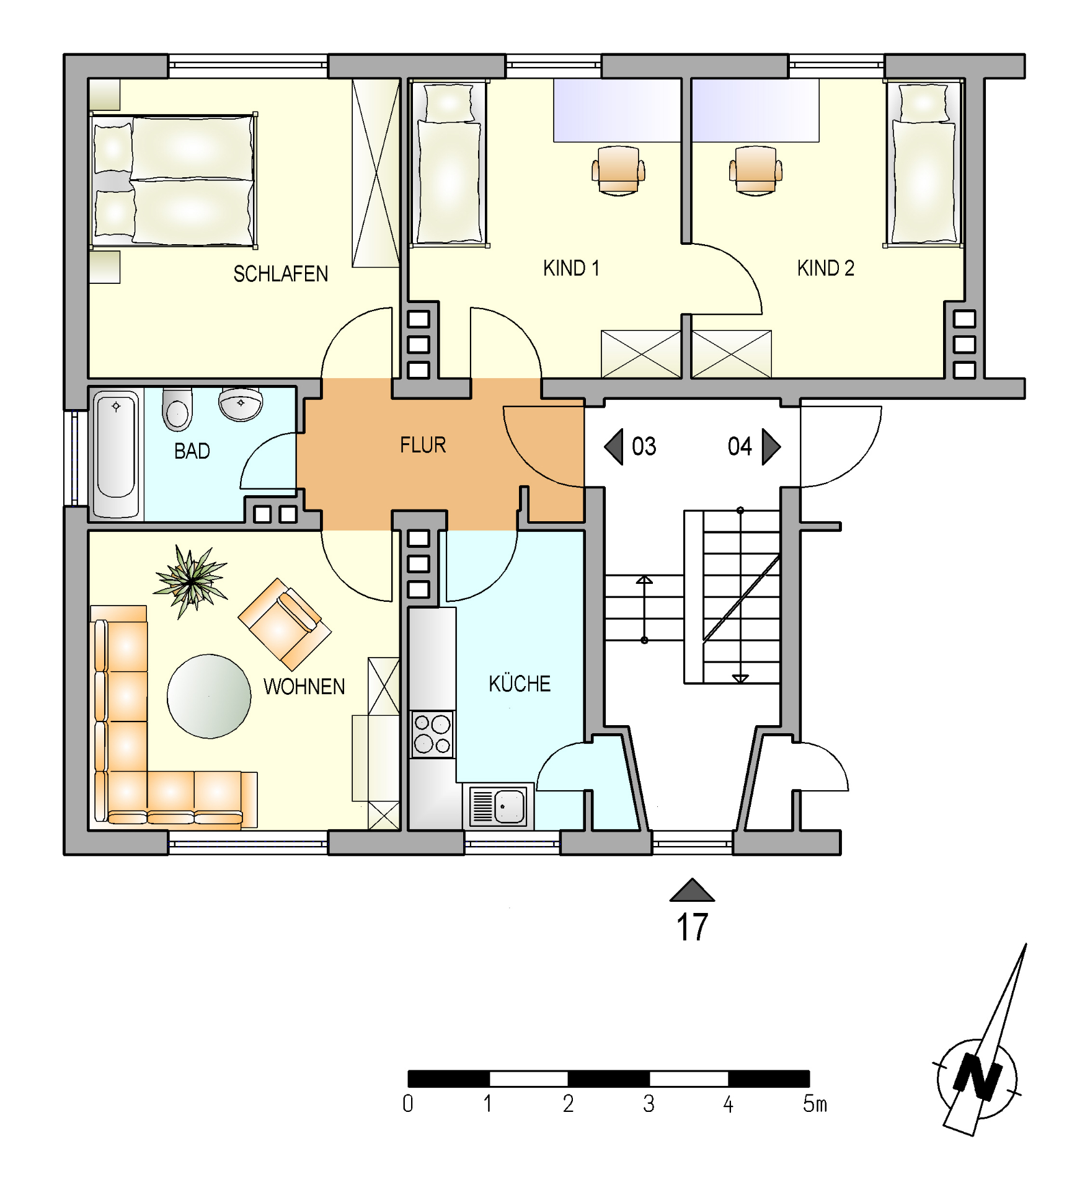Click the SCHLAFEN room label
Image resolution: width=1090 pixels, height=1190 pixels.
point(280,274)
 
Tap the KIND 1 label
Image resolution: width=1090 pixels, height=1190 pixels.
point(571,268)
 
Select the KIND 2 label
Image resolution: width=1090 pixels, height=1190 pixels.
point(825,268)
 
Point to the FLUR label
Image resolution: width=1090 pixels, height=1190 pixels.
point(423,445)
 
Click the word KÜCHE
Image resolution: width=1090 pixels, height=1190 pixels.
point(520,683)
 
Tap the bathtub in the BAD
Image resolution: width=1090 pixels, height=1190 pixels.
point(116,453)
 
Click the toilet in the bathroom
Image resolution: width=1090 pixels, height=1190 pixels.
point(177,409)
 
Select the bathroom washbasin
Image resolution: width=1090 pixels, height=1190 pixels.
point(241,404)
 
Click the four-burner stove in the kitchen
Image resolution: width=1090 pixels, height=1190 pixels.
point(433,734)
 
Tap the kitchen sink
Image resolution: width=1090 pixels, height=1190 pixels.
point(498,806)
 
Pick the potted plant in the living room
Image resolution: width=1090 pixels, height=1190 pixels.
point(190,581)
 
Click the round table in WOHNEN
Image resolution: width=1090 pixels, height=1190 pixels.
point(209,696)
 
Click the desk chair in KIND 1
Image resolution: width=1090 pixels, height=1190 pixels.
point(618,170)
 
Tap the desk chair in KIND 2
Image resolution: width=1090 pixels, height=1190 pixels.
point(755,170)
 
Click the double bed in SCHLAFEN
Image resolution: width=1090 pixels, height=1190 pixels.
point(174,180)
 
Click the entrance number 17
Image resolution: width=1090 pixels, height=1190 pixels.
point(692,928)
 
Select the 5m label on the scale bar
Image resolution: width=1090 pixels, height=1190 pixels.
point(815,1104)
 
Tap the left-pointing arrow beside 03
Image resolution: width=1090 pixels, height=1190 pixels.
point(614,446)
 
